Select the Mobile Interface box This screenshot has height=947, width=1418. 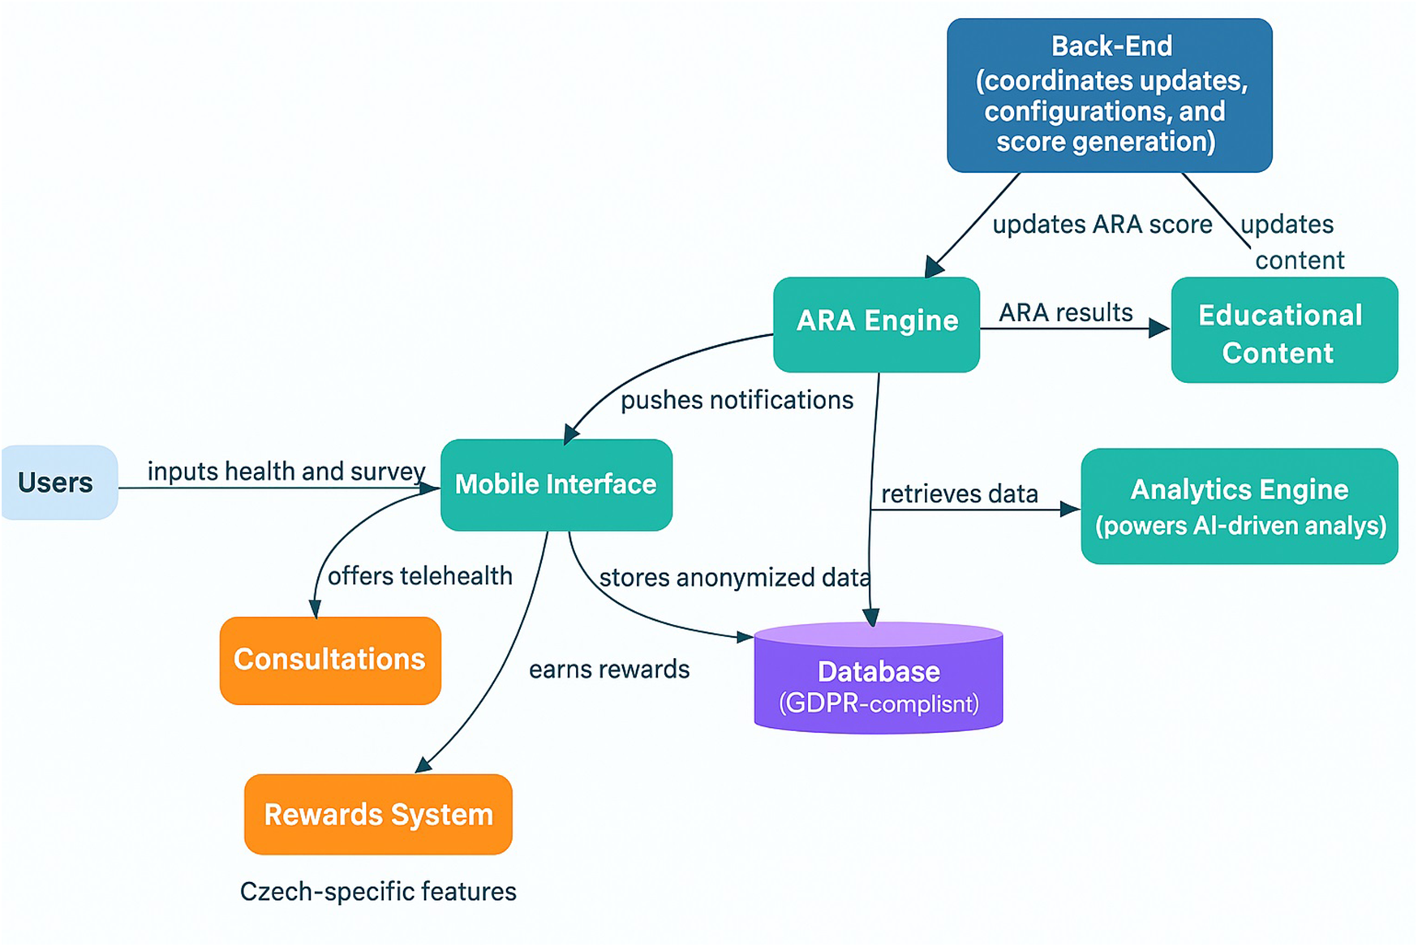[x=556, y=484]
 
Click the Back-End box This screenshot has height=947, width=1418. [x=1109, y=95]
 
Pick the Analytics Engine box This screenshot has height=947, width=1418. [x=1239, y=506]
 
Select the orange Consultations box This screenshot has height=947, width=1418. [x=330, y=660]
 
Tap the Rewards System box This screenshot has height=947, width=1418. [x=378, y=814]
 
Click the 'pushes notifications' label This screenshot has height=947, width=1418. [x=737, y=400]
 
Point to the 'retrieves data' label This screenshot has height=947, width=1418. [x=959, y=493]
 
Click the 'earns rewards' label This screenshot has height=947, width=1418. [x=608, y=669]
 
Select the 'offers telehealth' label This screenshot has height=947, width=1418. [x=419, y=576]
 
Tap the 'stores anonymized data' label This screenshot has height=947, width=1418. [x=734, y=578]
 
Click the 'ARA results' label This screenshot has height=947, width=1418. [x=1065, y=312]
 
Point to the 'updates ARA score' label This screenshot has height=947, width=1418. [x=1102, y=225]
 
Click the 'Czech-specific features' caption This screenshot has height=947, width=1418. [x=378, y=891]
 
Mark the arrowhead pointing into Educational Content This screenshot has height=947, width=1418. [x=1160, y=329]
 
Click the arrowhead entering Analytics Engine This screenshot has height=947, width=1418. [x=1070, y=509]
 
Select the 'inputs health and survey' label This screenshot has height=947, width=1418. [x=286, y=471]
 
